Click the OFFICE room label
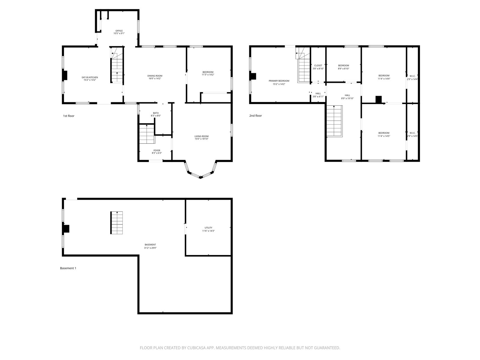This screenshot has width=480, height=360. pyautogui.click(x=119, y=31)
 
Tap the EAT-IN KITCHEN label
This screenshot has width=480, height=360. pyautogui.click(x=90, y=77)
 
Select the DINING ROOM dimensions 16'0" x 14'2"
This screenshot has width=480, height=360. pyautogui.click(x=155, y=79)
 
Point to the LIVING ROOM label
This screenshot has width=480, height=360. pyautogui.click(x=201, y=136)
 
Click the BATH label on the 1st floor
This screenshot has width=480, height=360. pyautogui.click(x=156, y=113)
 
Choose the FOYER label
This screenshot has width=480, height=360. pyautogui.click(x=157, y=150)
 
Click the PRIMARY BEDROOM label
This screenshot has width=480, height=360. pyautogui.click(x=279, y=81)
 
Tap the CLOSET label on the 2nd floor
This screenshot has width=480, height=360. pyautogui.click(x=318, y=66)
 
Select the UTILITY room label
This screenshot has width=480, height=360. pyautogui.click(x=208, y=228)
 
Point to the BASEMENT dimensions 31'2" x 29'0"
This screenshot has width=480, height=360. pyautogui.click(x=150, y=248)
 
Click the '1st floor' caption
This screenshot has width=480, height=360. pyautogui.click(x=69, y=116)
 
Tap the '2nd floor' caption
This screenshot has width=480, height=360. pyautogui.click(x=255, y=115)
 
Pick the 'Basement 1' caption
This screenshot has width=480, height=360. pyautogui.click(x=68, y=268)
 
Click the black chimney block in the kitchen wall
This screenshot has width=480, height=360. pyautogui.click(x=65, y=75)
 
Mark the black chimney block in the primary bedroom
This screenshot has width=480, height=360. pyautogui.click(x=253, y=76)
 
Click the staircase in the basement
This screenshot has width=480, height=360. pyautogui.click(x=117, y=223)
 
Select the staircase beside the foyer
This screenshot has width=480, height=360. pyautogui.click(x=147, y=134)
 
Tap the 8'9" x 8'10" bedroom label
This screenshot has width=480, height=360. pyautogui.click(x=343, y=67)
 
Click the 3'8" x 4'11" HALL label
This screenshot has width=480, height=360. pyautogui.click(x=318, y=95)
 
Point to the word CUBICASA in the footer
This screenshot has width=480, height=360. pyautogui.click(x=196, y=348)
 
